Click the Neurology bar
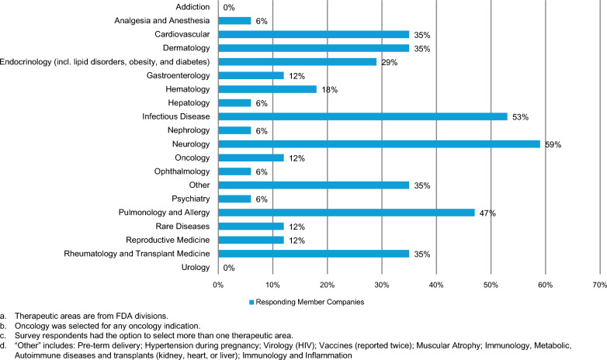379,144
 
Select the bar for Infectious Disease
362,116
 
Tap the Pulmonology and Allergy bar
346,213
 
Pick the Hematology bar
268,89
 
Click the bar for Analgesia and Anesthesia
234,20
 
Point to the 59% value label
553,145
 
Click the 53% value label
520,117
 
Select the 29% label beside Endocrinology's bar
390,62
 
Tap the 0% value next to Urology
229,268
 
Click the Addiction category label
193,7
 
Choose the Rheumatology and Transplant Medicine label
137,254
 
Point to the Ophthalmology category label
182,171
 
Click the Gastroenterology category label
178,75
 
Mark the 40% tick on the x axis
436,286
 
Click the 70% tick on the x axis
600,286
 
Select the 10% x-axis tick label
272,286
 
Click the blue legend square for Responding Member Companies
251,303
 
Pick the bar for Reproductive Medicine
251,240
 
